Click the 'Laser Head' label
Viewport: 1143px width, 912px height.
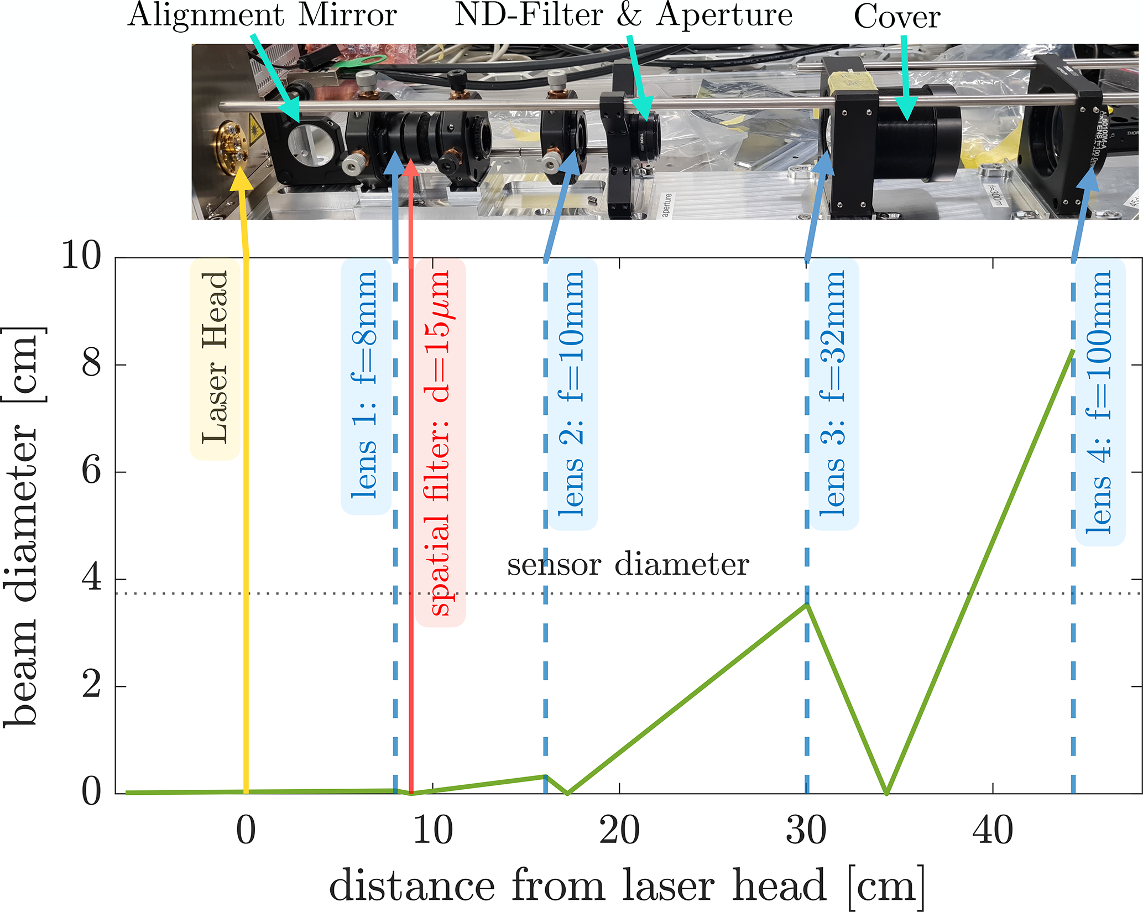pos(215,359)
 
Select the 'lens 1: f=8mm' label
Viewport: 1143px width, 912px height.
pos(366,386)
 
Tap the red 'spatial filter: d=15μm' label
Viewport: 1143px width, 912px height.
pos(440,442)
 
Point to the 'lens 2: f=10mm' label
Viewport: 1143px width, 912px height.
pos(572,394)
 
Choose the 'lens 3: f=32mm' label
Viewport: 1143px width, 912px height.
pos(833,394)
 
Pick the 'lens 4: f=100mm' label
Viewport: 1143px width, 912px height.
pos(1100,402)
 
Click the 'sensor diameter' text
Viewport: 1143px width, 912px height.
pos(628,565)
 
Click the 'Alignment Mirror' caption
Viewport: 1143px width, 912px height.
pos(262,15)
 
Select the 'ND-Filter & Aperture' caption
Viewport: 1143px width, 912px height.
pos(623,14)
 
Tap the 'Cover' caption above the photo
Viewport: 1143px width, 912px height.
pos(896,17)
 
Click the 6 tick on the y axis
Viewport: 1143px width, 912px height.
pos(91,471)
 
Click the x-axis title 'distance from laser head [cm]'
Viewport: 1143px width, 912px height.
pos(627,885)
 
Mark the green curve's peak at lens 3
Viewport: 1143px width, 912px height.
pos(807,604)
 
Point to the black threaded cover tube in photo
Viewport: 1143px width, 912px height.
pos(907,136)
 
